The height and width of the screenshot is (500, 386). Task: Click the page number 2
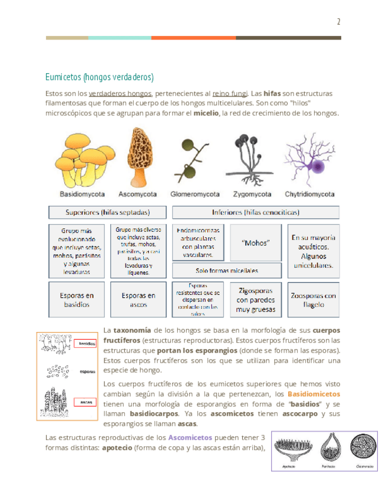point(339,22)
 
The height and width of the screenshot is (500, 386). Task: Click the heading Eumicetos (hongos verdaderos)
point(99,77)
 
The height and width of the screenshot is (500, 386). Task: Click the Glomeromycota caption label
point(195,193)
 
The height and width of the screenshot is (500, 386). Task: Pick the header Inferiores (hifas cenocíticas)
point(255,212)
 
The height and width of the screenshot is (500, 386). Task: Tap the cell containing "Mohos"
point(256,242)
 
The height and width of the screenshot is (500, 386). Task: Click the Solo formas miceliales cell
point(227,271)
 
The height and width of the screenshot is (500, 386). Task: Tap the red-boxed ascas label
point(86,402)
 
